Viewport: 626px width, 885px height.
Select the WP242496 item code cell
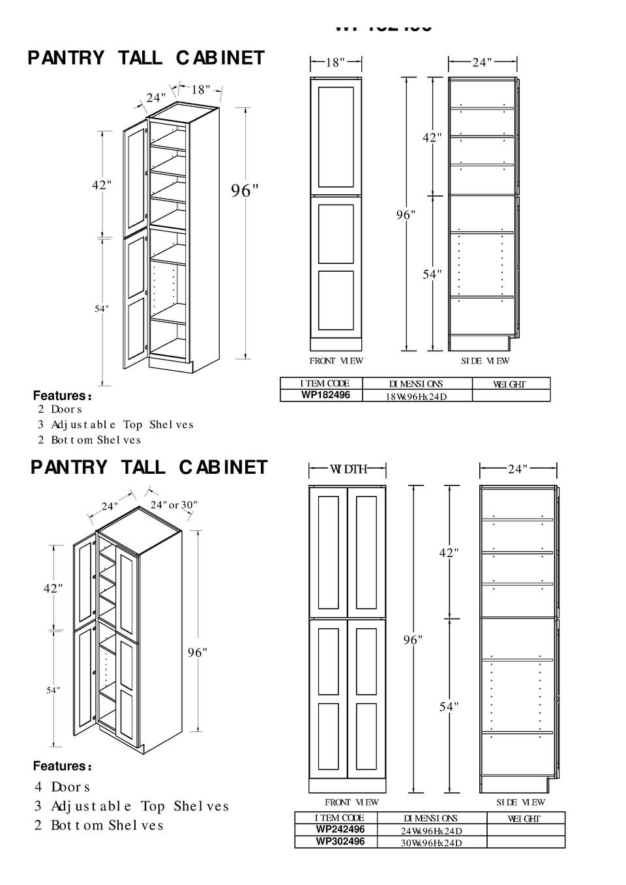click(340, 830)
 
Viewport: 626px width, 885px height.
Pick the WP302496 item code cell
click(340, 841)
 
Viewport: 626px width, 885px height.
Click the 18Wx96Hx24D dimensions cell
click(416, 396)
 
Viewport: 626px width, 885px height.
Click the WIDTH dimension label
click(348, 469)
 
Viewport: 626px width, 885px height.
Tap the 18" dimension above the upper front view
click(335, 63)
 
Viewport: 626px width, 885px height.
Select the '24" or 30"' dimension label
click(173, 505)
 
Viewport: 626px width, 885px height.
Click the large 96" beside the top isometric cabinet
click(245, 191)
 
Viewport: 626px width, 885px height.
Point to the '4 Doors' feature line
click(62, 787)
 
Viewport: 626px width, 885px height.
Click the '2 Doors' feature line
click(59, 409)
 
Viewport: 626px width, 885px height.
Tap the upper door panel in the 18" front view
click(336, 137)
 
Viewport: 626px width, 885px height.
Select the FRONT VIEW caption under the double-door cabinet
click(351, 802)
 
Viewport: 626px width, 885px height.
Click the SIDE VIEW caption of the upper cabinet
click(485, 361)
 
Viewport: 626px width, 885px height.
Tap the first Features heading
click(62, 396)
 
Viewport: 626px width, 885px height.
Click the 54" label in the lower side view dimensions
click(449, 706)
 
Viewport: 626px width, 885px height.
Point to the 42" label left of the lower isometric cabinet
click(53, 588)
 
